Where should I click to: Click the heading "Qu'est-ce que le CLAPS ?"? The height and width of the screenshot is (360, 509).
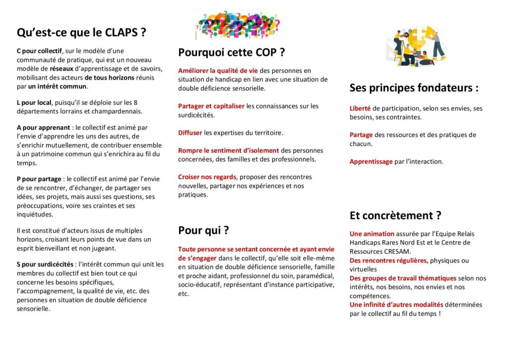(82, 33)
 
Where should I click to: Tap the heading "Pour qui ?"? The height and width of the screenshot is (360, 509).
(203, 230)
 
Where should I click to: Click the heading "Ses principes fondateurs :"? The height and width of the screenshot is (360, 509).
(414, 88)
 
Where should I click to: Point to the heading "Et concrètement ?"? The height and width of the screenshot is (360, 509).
(395, 215)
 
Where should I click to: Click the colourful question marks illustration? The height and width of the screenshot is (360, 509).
(239, 23)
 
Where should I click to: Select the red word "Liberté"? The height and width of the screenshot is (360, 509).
(360, 108)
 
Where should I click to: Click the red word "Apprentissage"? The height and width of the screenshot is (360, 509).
(371, 162)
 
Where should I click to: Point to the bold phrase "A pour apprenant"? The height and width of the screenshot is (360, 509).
(43, 127)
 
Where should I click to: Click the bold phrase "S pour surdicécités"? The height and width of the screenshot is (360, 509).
(45, 264)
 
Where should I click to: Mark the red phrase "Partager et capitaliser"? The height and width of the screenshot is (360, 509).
(211, 106)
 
